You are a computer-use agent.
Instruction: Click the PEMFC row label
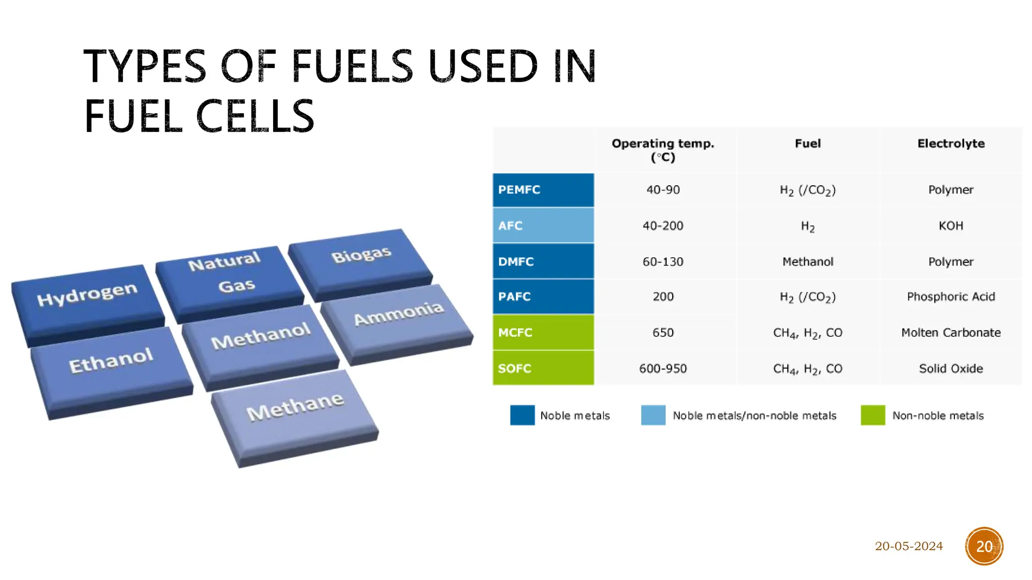click(x=543, y=190)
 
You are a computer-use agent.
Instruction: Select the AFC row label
click(x=543, y=226)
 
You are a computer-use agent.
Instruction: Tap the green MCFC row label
click(x=543, y=332)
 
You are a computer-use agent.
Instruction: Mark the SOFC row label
click(x=543, y=368)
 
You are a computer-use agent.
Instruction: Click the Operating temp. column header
click(x=663, y=150)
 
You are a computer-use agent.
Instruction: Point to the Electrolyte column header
click(x=951, y=143)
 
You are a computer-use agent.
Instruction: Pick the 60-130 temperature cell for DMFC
click(x=663, y=262)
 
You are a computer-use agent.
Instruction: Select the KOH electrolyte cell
click(x=951, y=226)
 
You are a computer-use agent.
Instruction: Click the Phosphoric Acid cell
click(x=951, y=297)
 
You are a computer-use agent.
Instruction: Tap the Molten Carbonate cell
click(x=951, y=332)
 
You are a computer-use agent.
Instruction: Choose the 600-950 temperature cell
click(x=663, y=369)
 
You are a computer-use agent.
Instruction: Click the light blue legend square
click(x=653, y=415)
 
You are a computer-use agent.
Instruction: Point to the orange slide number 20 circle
click(x=984, y=546)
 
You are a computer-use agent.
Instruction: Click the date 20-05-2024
click(x=909, y=546)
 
